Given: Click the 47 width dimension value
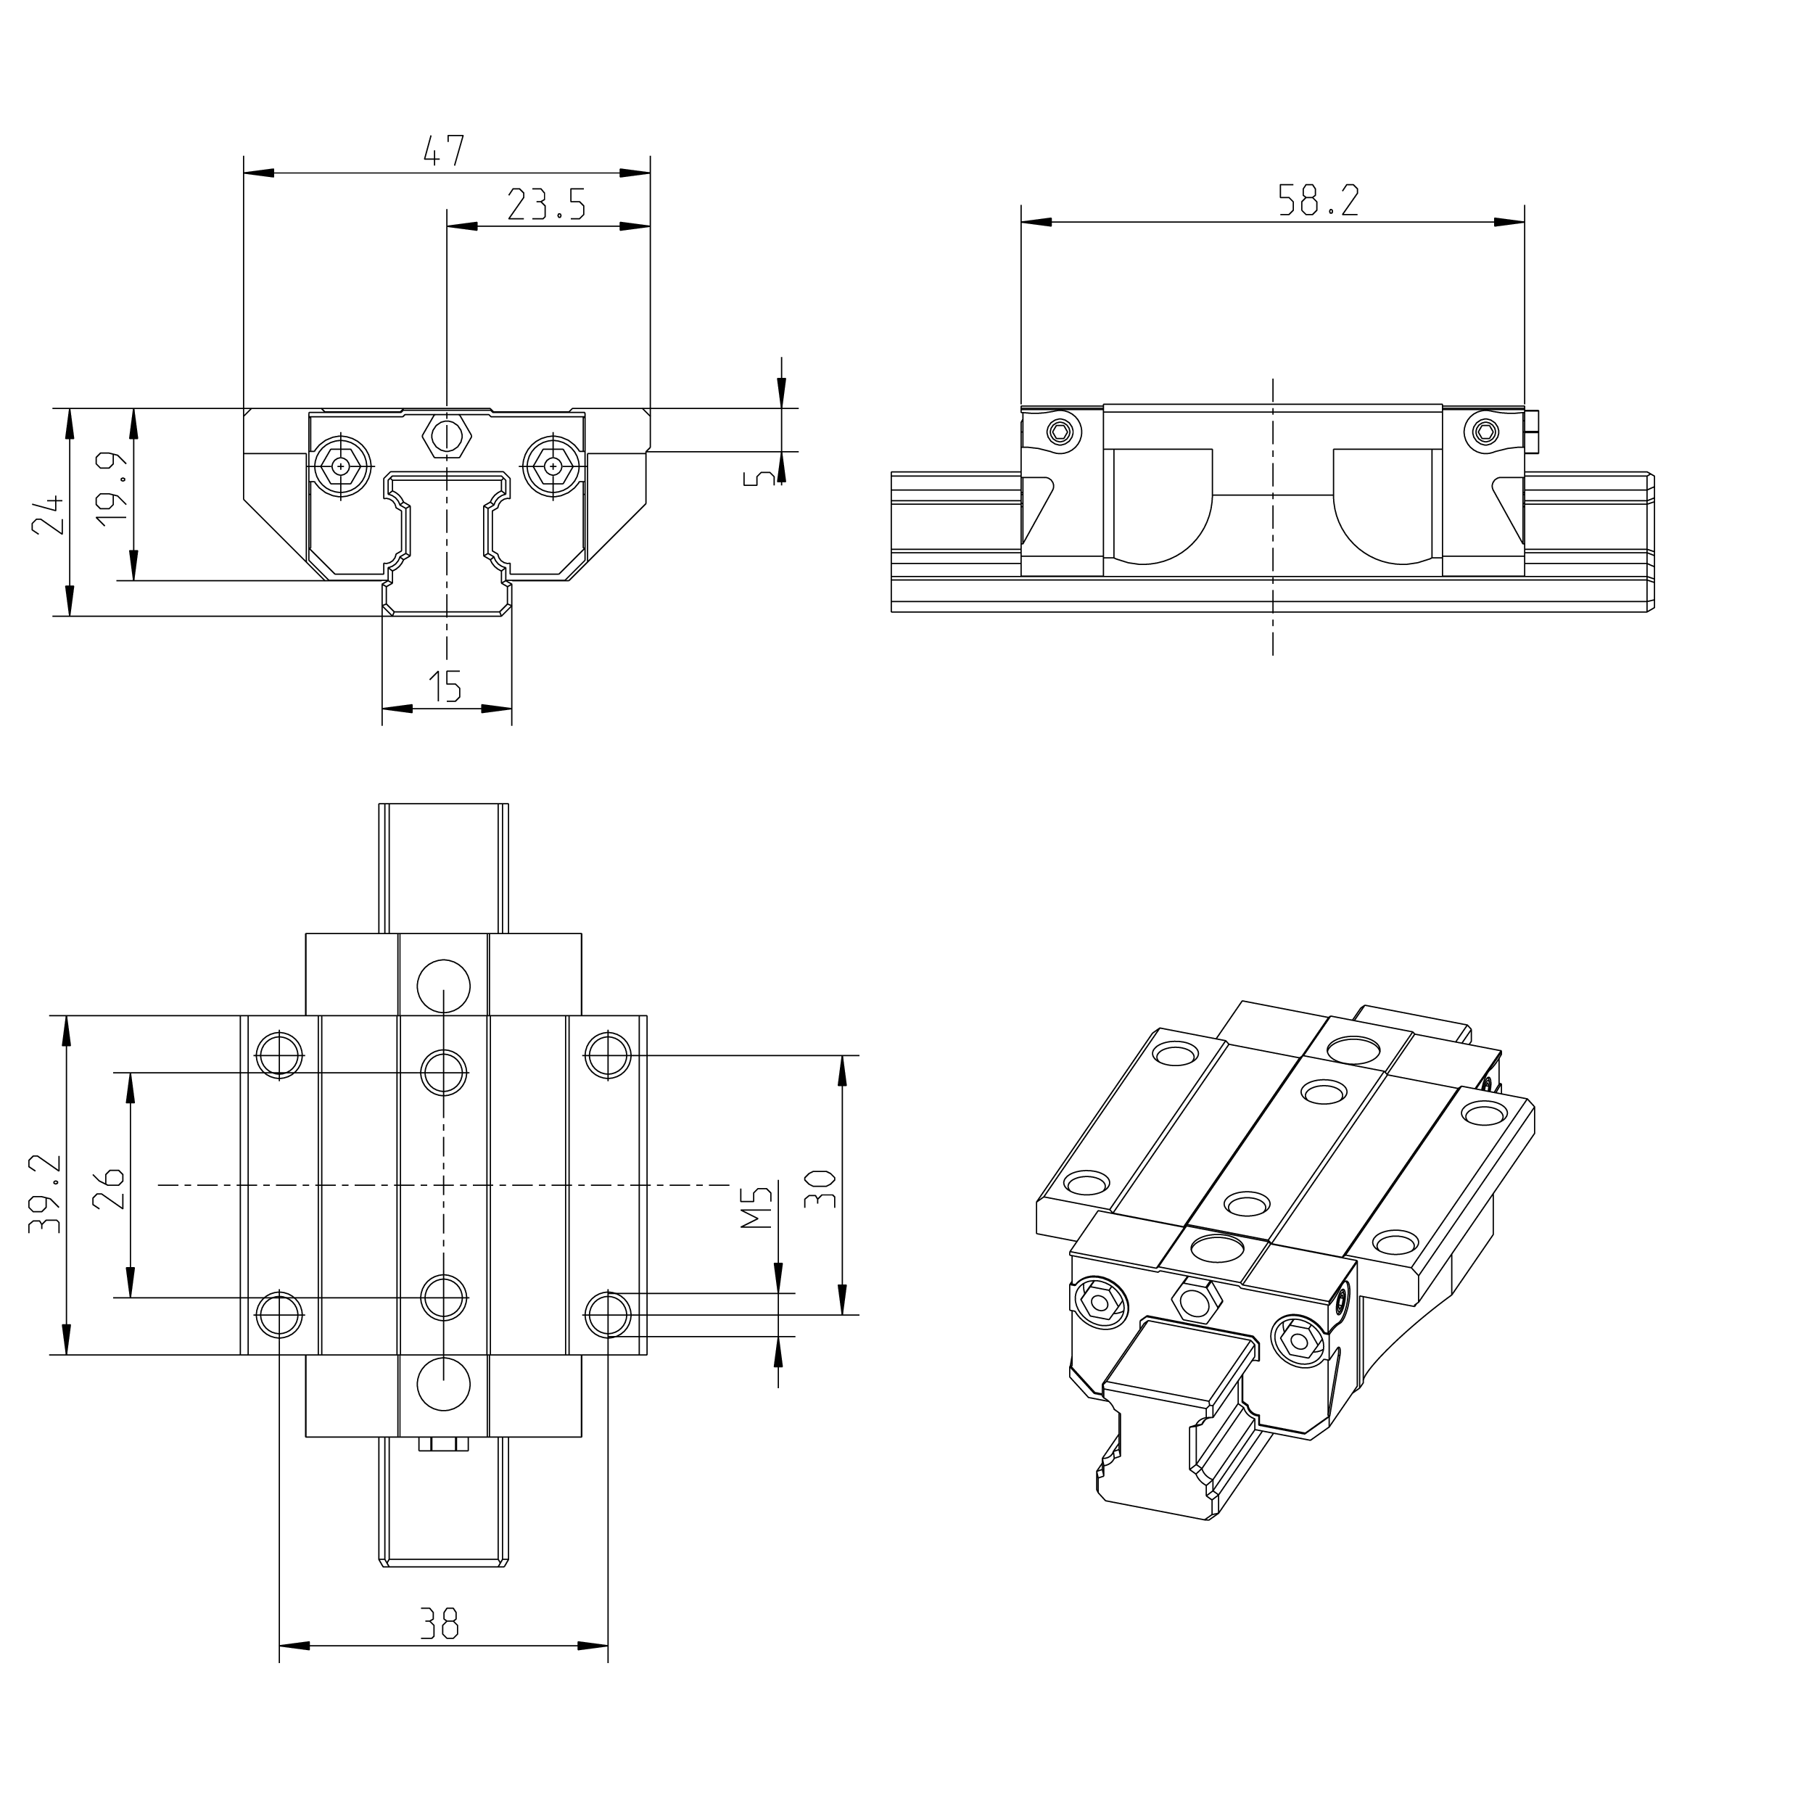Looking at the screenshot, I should click(x=444, y=151).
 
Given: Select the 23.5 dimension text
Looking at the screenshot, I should click(x=546, y=204).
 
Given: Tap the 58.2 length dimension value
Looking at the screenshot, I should click(x=1318, y=200).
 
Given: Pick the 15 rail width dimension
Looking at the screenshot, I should click(x=445, y=686).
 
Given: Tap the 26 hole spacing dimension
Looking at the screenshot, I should click(x=110, y=1187).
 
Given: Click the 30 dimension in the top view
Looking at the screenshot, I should click(x=820, y=1189).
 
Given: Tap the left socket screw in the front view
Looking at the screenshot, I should click(x=342, y=464).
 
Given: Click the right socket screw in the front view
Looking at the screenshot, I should click(x=553, y=464).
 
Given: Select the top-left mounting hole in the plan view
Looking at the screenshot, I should click(x=279, y=1055).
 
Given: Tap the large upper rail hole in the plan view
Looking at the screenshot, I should click(x=444, y=986).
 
